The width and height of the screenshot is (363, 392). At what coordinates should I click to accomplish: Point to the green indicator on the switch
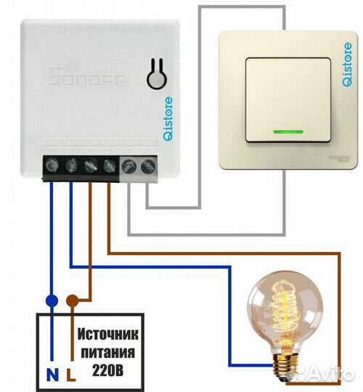pyautogui.click(x=285, y=132)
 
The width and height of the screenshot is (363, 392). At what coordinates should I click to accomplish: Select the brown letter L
pyautogui.click(x=70, y=375)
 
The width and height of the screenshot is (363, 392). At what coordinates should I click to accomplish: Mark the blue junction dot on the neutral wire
pyautogui.click(x=51, y=299)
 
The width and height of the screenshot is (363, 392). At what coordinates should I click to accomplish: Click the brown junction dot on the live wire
pyautogui.click(x=71, y=299)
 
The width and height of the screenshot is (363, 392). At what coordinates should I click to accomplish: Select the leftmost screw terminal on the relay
pyautogui.click(x=54, y=166)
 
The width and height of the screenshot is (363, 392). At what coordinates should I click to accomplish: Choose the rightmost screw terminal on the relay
pyautogui.click(x=148, y=166)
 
